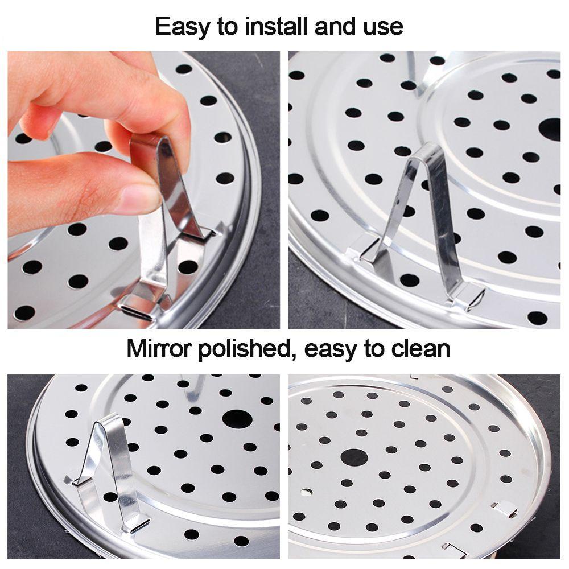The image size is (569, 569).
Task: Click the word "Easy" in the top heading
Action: pos(183,27)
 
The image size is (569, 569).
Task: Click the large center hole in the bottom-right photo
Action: pos(354,457)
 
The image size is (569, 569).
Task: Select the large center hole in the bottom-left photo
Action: pos(237,419)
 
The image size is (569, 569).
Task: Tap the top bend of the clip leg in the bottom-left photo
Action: pos(110,419)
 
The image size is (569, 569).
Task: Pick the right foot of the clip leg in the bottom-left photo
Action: pos(137,525)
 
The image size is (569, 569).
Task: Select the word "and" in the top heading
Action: pos(335,26)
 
